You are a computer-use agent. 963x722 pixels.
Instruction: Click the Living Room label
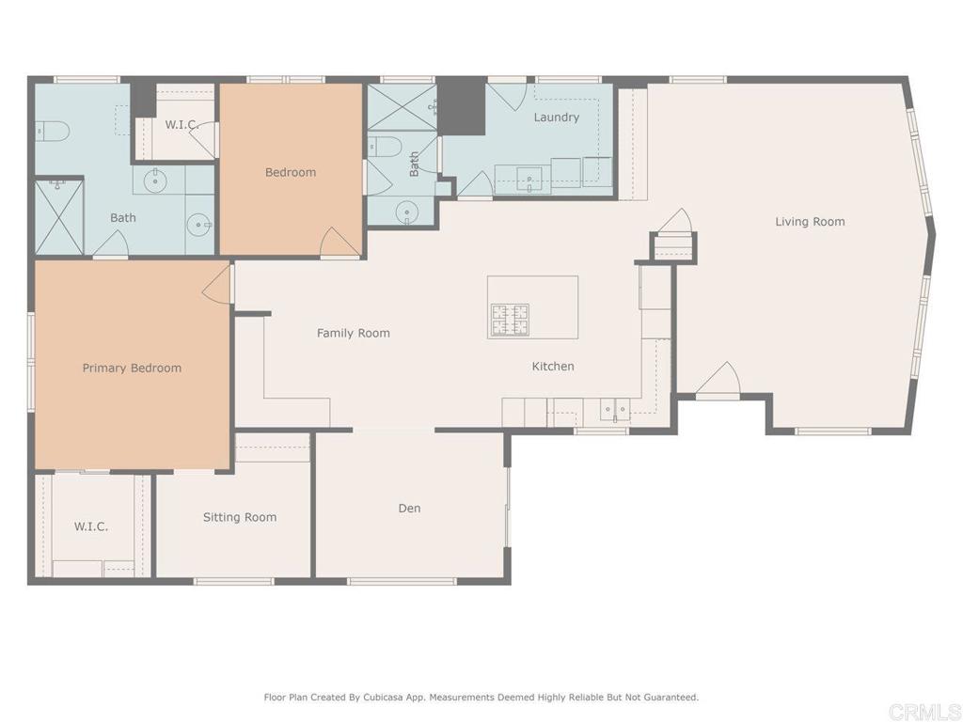[810, 222]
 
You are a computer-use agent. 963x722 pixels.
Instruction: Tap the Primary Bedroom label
[132, 368]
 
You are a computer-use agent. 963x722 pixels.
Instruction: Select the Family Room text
[353, 333]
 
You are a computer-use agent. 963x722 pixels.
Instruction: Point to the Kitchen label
[553, 367]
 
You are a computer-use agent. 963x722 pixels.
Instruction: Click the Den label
[409, 509]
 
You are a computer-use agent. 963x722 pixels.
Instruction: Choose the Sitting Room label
[240, 517]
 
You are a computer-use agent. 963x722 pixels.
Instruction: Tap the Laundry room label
[556, 118]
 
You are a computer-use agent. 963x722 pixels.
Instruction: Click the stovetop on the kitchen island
[509, 320]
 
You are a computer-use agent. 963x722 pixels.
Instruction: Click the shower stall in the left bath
[59, 216]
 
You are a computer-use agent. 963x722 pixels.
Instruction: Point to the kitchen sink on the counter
[615, 410]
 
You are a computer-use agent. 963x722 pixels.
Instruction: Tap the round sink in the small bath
[406, 212]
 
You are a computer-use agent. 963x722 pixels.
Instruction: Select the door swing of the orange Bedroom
[339, 243]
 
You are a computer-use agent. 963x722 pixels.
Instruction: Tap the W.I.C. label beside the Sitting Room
[91, 526]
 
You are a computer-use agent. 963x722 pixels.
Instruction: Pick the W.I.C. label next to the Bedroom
[180, 124]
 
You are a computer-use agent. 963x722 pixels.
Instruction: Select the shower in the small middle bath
[402, 107]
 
